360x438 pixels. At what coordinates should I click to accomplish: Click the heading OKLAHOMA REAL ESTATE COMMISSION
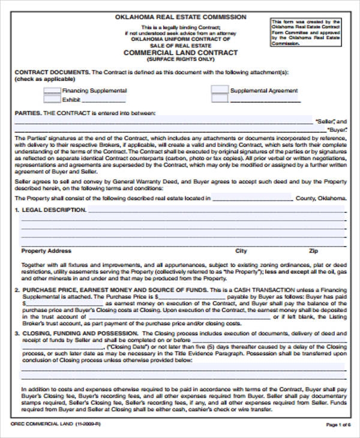click(181, 18)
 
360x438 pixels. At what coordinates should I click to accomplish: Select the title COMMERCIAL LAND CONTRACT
click(181, 53)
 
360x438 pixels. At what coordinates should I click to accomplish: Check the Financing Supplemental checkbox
click(52, 91)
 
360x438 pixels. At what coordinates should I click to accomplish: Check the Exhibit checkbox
click(52, 100)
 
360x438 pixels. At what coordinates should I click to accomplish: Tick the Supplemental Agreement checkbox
click(220, 91)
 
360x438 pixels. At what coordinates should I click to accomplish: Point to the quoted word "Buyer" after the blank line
click(337, 130)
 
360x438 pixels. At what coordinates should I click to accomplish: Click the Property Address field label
click(46, 251)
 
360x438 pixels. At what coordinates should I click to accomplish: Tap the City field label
click(241, 251)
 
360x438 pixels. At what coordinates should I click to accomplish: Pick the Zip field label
click(313, 251)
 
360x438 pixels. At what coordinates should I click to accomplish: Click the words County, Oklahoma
click(321, 199)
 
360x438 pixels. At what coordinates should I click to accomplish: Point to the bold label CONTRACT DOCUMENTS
click(52, 72)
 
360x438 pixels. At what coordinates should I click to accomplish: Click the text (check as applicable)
click(45, 79)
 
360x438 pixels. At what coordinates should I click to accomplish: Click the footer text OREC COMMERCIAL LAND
click(39, 425)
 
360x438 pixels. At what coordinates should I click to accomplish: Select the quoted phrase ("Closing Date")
click(127, 347)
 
